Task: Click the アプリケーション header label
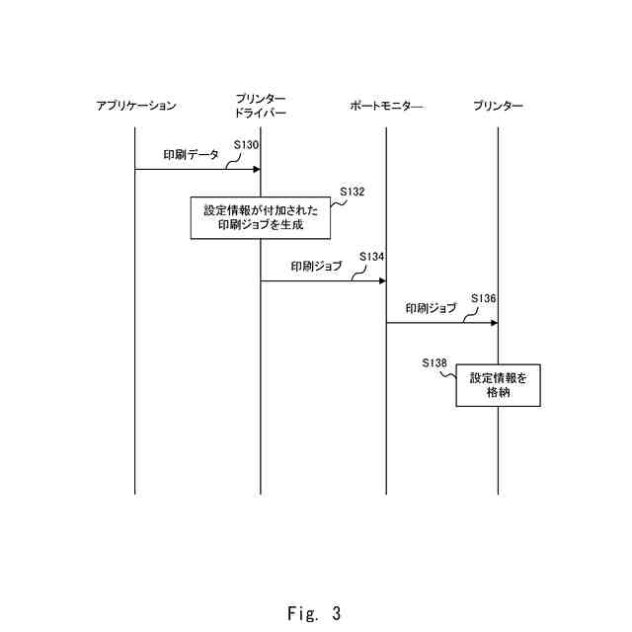click(136, 106)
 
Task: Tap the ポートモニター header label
click(385, 106)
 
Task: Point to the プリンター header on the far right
click(498, 106)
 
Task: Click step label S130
click(247, 145)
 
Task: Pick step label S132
click(353, 191)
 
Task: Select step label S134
click(371, 256)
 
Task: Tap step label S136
click(484, 298)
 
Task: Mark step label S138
click(434, 362)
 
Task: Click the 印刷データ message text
click(192, 155)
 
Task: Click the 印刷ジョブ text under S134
click(316, 267)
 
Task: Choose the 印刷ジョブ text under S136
click(432, 308)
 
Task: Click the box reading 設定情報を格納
click(498, 385)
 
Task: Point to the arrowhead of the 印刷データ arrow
click(256, 169)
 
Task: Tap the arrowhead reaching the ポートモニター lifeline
click(381, 280)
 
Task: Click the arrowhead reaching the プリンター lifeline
click(494, 322)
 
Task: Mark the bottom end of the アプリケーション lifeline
click(134, 493)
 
